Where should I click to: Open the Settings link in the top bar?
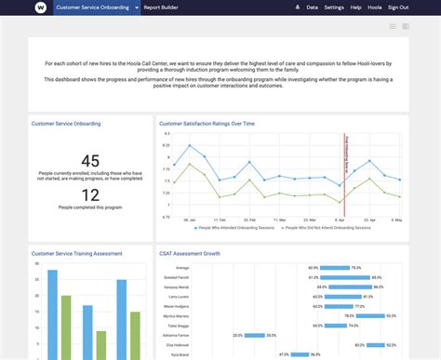tap(334, 7)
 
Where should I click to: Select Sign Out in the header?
tap(397, 7)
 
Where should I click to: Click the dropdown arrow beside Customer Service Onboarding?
tap(135, 7)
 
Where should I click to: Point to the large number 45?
tap(90, 161)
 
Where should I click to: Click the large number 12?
tap(90, 194)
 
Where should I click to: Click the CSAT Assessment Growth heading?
tap(190, 252)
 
